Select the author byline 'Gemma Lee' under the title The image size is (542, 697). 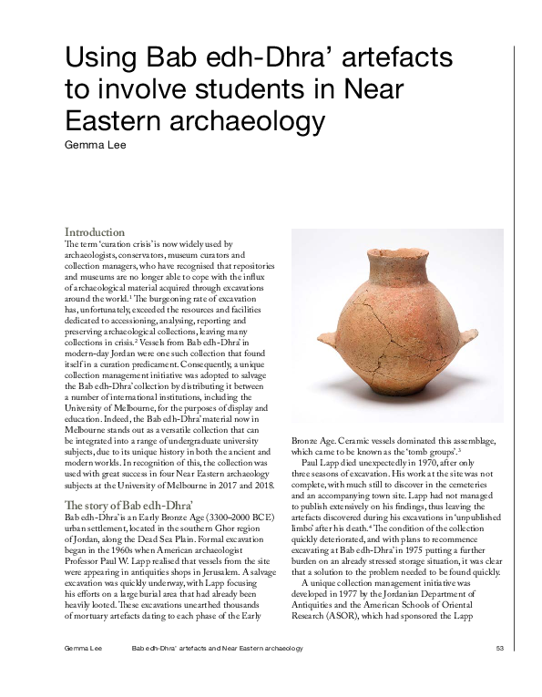pyautogui.click(x=95, y=144)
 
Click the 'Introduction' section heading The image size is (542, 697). pyautogui.click(x=95, y=232)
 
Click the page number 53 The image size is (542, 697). pyautogui.click(x=500, y=648)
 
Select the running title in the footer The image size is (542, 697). pyautogui.click(x=217, y=648)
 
